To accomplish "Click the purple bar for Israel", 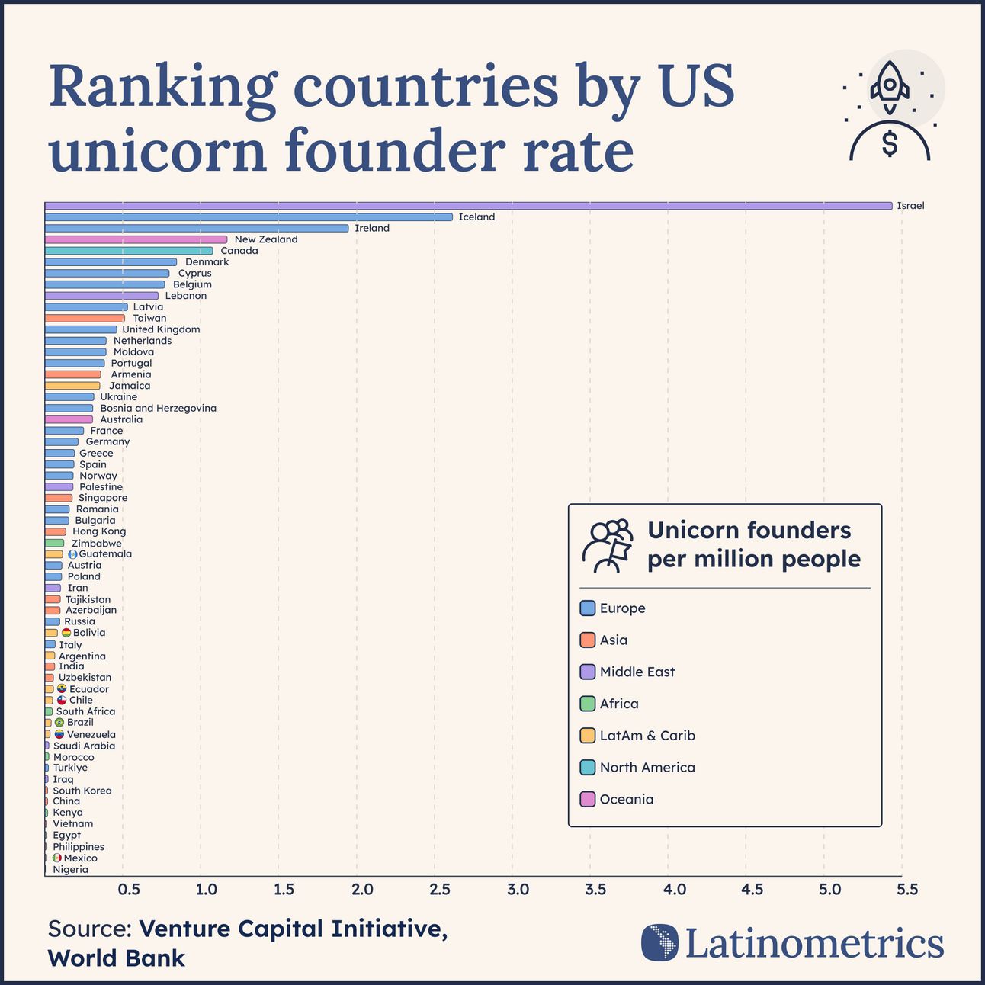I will coord(468,206).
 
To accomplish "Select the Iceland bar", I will coord(249,217).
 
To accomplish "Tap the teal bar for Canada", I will coord(129,251).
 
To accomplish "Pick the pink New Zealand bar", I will coord(136,239).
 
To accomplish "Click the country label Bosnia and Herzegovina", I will coord(158,409).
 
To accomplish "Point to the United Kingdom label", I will coord(161,329).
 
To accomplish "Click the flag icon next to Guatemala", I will coord(72,554).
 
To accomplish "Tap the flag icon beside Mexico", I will coord(56,858).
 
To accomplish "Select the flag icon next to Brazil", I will coord(59,723).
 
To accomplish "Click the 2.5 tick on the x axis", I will coord(440,890).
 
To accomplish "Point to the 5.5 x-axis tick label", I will coord(907,890).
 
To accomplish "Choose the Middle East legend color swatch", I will coord(587,672).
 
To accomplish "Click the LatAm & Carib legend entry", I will coord(647,736).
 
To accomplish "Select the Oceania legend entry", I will coord(626,800).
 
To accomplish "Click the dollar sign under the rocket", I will coord(890,143).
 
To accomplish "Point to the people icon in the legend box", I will coord(607,546).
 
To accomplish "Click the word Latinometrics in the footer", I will coord(814,944).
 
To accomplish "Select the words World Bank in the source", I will coord(117,958).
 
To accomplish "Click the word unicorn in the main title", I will coord(158,150).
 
